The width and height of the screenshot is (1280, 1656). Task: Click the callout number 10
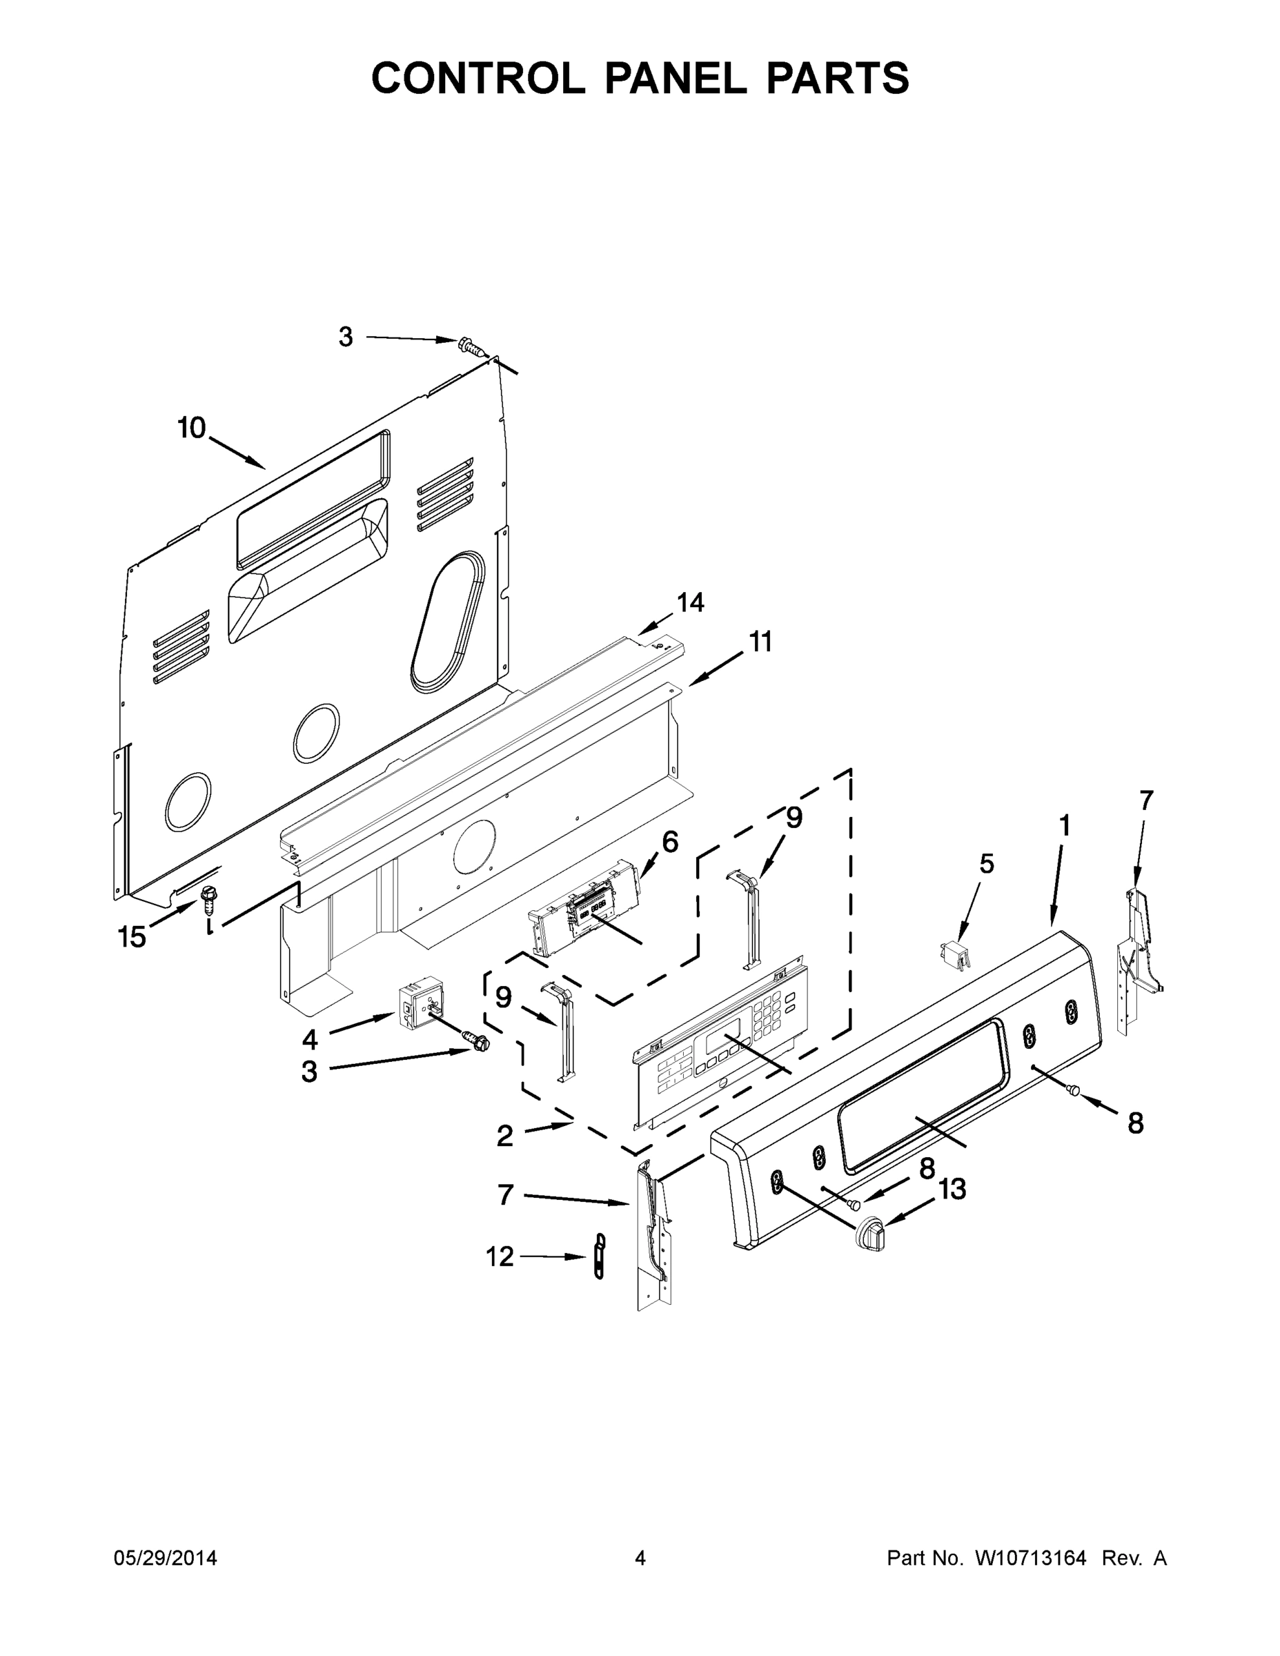click(191, 428)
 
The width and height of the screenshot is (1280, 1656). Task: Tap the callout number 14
click(690, 603)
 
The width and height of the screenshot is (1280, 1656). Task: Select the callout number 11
click(760, 642)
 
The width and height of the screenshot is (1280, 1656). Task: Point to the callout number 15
click(132, 937)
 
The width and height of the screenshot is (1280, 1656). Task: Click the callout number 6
click(670, 842)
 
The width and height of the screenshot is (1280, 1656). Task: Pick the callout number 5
click(986, 864)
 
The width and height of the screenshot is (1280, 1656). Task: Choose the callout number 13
click(952, 1189)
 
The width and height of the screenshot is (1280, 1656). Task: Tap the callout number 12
click(500, 1256)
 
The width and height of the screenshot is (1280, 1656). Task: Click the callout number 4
click(309, 1038)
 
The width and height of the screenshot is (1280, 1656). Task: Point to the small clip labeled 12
click(600, 1256)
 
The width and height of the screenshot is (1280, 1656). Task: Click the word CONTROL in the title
click(477, 78)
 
